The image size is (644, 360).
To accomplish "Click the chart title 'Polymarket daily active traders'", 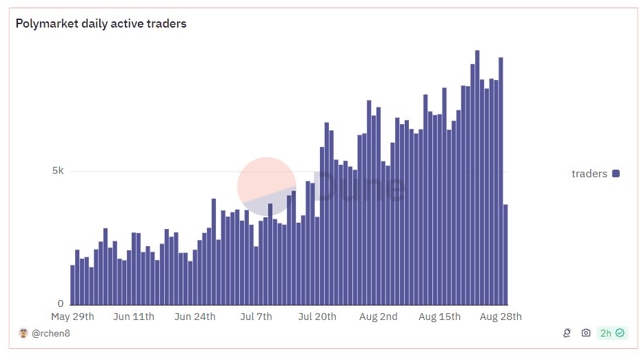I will point(101,24).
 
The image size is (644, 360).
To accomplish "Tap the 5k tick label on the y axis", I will point(58,171).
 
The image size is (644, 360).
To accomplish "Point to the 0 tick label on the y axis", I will point(61,303).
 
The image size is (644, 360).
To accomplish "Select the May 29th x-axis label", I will point(72,317).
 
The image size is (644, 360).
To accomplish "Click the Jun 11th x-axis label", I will point(134,317).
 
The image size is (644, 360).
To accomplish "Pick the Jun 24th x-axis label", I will point(195,317).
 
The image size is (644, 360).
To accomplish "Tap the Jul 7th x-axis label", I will point(256,317).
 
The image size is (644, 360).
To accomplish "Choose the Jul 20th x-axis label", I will point(317,317).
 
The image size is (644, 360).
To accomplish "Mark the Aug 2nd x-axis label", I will point(379,317).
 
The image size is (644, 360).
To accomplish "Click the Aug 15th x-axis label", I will point(440,317).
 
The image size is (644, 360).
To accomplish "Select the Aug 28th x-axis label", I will point(501,317).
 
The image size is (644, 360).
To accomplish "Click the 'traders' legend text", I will point(590,174).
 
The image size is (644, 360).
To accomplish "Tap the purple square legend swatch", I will point(616,174).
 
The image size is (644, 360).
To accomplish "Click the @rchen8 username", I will point(51,334).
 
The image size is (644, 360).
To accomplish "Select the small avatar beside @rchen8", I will point(23,333).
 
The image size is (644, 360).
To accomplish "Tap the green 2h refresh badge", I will point(612,333).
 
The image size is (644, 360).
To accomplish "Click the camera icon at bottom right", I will point(586,333).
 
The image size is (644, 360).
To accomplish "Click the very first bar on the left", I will point(72,284).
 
